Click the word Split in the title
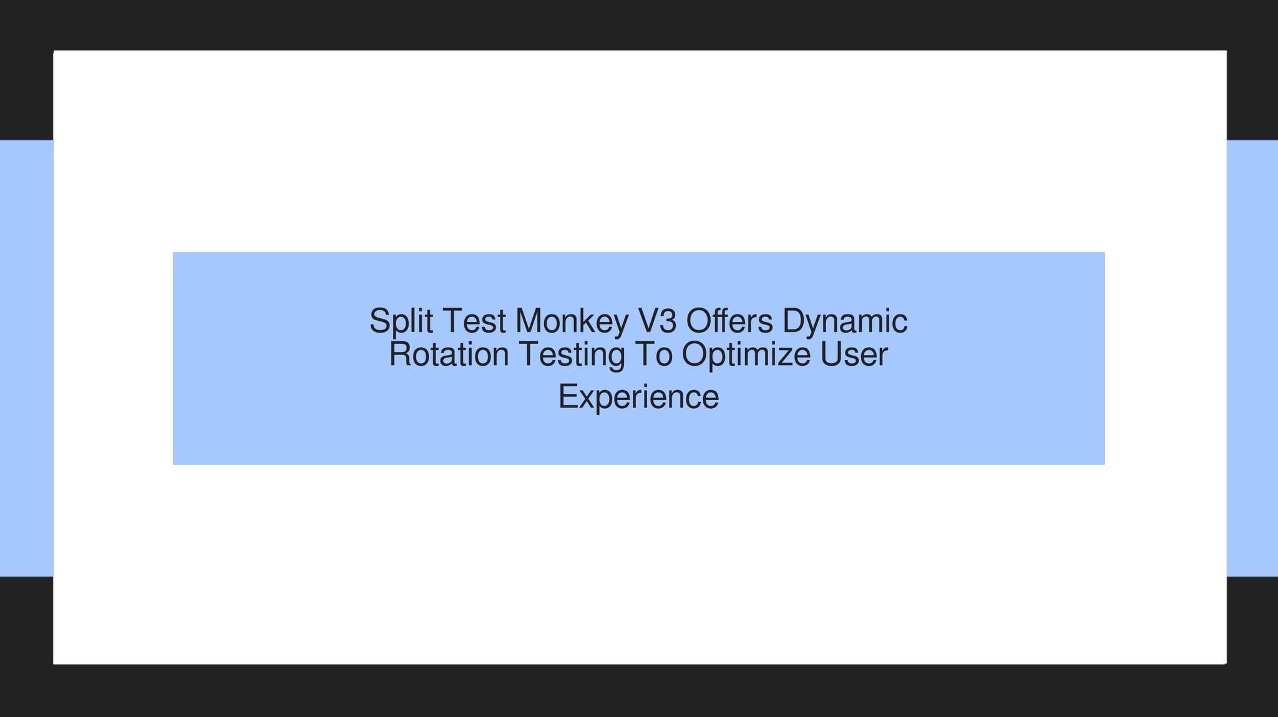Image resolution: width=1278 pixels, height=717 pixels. click(x=401, y=322)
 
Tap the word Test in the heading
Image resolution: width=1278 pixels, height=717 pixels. click(x=474, y=322)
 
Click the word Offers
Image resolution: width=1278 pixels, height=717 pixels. click(x=729, y=322)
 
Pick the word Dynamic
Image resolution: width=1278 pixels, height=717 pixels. click(x=845, y=322)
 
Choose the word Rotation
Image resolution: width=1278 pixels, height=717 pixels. click(x=449, y=354)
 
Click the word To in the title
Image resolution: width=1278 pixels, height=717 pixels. click(x=653, y=354)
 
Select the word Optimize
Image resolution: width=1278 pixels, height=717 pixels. click(x=746, y=354)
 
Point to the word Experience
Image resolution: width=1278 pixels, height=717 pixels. click(x=638, y=397)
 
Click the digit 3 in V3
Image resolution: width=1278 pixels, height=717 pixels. click(x=667, y=322)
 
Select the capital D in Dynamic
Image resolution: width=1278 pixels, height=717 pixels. click(x=794, y=322)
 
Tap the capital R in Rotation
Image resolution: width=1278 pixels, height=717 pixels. click(x=400, y=354)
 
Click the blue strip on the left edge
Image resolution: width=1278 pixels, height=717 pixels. click(x=26, y=358)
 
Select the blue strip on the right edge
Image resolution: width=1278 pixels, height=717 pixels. click(x=1252, y=358)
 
